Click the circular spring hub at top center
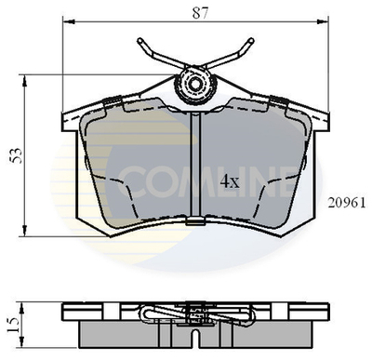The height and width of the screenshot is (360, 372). click(195, 86)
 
